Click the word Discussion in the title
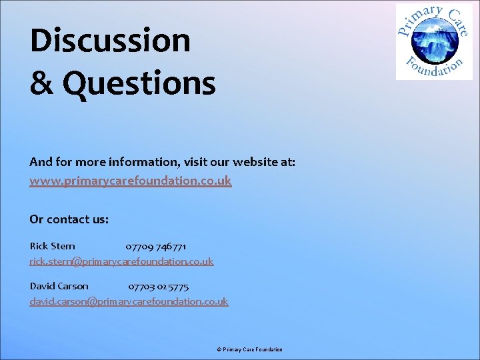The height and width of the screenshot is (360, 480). (x=110, y=41)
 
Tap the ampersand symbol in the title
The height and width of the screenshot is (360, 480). (x=43, y=85)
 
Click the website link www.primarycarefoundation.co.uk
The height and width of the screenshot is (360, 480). (x=131, y=181)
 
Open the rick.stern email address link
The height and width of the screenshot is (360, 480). (x=121, y=261)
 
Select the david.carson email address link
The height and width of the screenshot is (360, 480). (x=129, y=301)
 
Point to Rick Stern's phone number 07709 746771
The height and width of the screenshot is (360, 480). (x=156, y=246)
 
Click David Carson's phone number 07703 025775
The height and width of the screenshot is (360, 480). (x=159, y=286)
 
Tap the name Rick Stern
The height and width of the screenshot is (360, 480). (x=53, y=246)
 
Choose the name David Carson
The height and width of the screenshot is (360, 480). (x=59, y=286)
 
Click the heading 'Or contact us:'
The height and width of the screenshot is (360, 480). (x=69, y=219)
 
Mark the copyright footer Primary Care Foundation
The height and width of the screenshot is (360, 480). (x=253, y=349)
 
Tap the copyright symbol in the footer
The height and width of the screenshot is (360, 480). (x=219, y=349)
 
